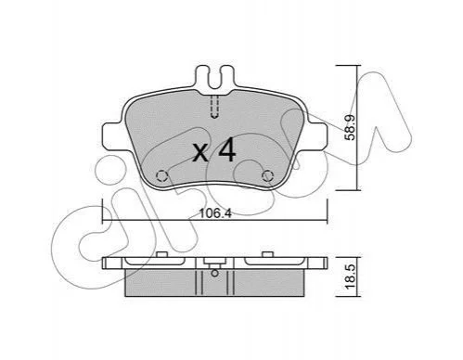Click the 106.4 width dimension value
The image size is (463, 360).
(215, 213)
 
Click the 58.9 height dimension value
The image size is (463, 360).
(350, 127)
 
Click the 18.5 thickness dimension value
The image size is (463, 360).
(350, 276)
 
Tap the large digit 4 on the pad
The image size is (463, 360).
(227, 149)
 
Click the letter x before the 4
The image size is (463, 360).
(200, 153)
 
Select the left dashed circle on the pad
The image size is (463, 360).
(161, 176)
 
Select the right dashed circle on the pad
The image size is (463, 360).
(267, 176)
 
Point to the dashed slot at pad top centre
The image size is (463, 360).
(214, 107)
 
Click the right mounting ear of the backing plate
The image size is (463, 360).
(317, 137)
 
